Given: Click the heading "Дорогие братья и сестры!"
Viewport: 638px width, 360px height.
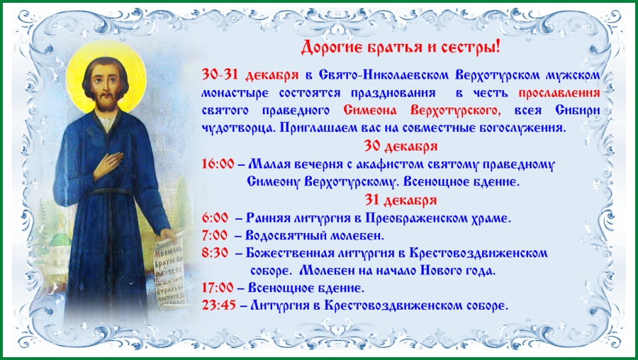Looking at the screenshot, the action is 401,48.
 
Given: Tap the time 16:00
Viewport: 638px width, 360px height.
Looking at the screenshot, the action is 218,164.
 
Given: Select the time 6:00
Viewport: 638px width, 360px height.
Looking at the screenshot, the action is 215,218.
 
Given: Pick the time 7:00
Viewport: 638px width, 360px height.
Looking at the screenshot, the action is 215,235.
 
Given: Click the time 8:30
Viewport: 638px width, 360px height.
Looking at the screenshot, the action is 215,252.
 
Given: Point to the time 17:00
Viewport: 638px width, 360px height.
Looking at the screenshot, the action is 218,288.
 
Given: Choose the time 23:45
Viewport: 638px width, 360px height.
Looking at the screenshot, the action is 219,305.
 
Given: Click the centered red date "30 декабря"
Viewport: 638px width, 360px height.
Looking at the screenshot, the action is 401,147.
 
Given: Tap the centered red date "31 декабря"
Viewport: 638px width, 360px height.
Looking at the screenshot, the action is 401,200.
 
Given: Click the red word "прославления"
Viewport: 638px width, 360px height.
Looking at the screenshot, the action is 559,94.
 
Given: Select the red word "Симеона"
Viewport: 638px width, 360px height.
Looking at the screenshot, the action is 373,111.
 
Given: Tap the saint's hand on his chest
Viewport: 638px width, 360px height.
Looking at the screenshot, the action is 108,164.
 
